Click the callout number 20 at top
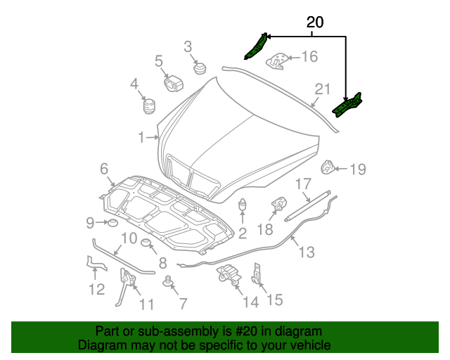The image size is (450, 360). (x=315, y=22)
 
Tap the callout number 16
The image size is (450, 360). (x=309, y=57)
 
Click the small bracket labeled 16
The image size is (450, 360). (x=278, y=60)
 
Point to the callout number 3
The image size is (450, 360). (x=188, y=47)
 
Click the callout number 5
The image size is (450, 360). (x=159, y=61)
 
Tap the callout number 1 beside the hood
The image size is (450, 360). (x=141, y=137)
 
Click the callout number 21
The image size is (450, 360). (x=322, y=90)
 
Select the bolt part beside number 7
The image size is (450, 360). (x=168, y=283)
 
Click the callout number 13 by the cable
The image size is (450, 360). (x=307, y=252)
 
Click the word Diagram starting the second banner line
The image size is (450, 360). (x=99, y=345)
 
